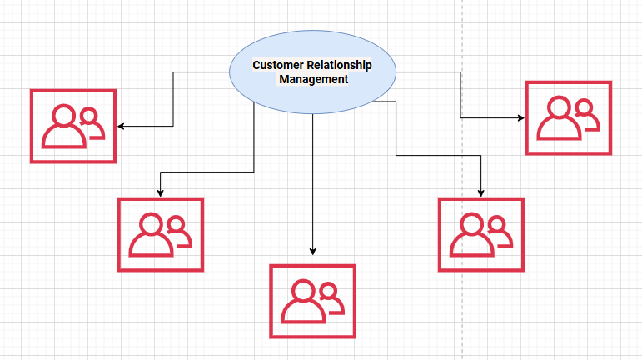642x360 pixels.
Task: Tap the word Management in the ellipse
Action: pyautogui.click(x=313, y=79)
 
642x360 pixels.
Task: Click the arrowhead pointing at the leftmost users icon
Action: pyautogui.click(x=121, y=127)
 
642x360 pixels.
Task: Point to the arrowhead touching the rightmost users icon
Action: pyautogui.click(x=521, y=118)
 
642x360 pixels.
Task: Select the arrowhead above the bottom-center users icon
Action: pyautogui.click(x=313, y=251)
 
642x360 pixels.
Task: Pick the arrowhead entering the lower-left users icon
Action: pyautogui.click(x=160, y=193)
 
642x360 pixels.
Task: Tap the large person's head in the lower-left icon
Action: pyautogui.click(x=151, y=224)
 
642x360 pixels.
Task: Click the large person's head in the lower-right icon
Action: pyautogui.click(x=471, y=224)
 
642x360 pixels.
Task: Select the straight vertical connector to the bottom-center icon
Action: pyautogui.click(x=313, y=183)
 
